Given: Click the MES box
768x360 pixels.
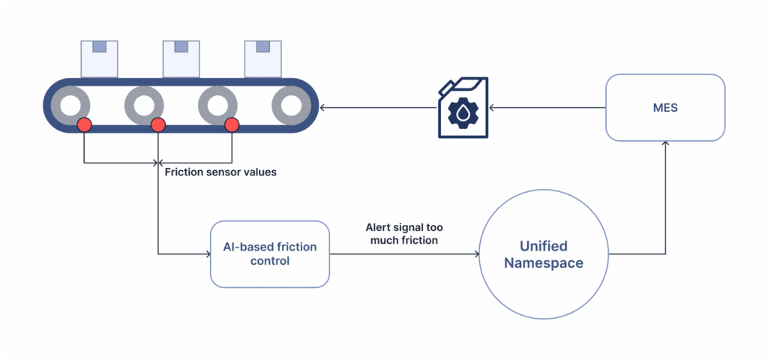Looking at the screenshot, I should [x=664, y=107].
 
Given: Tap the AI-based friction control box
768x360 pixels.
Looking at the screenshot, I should [x=270, y=254].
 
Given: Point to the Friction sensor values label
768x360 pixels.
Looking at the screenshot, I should [x=220, y=172].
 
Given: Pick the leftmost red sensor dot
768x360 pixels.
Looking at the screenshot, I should [x=85, y=124].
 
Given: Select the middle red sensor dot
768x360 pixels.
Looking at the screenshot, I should [x=158, y=124].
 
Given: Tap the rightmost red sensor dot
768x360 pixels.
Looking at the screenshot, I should [x=232, y=124].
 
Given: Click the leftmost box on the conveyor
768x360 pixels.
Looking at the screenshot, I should [x=100, y=58].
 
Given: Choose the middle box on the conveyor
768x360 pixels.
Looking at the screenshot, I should [x=181, y=58].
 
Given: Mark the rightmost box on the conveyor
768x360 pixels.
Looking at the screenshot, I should [x=263, y=58].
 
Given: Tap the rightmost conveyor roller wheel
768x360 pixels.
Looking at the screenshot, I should [x=290, y=106].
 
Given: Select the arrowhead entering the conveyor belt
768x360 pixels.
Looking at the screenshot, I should [x=323, y=108].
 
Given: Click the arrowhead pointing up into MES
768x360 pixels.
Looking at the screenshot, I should [x=664, y=145].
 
